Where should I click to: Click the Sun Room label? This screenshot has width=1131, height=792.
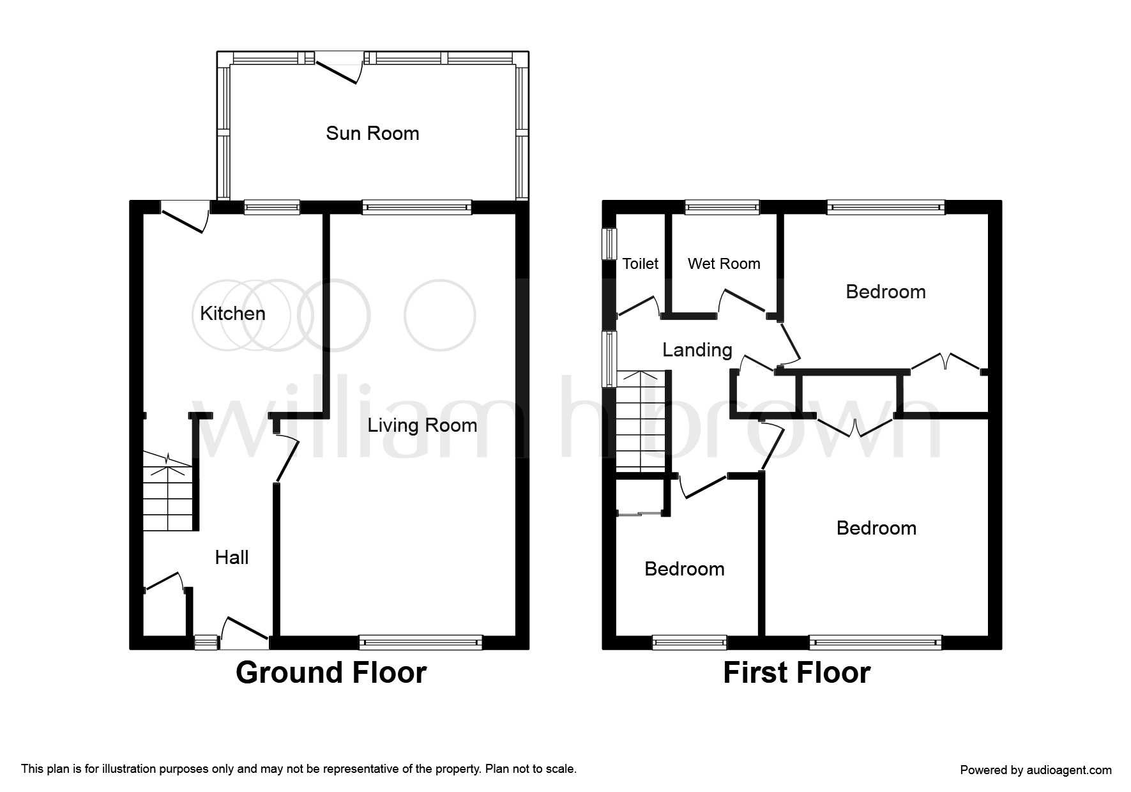pos(372,133)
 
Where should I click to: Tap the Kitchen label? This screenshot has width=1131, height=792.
pos(232,313)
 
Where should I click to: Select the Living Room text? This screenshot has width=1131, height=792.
pos(422,425)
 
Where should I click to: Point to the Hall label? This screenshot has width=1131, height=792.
pos(232,557)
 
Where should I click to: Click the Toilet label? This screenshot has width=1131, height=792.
pos(641,264)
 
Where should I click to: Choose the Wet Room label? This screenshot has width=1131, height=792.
pos(724,264)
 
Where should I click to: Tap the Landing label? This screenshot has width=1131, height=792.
pos(697,350)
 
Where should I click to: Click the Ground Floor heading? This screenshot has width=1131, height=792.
pos(331,673)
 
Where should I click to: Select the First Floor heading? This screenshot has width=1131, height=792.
pos(796,673)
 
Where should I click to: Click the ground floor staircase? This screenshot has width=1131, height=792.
pos(167,491)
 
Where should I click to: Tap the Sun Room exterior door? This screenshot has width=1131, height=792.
pos(340,68)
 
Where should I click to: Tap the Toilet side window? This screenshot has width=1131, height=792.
pos(609,243)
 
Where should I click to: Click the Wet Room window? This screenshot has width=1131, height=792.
pos(722,207)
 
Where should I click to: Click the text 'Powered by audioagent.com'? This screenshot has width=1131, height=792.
pos(1036,770)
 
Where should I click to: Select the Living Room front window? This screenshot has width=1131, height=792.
pos(421,642)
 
